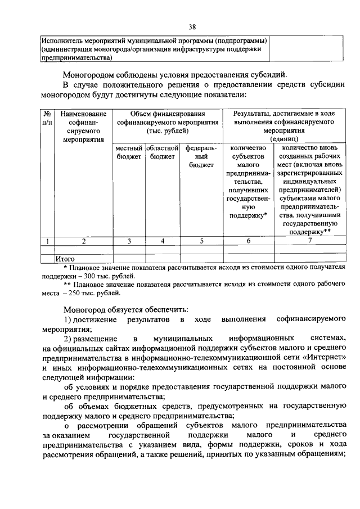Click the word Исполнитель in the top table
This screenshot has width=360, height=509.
(x=62, y=41)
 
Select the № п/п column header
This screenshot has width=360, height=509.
(x=48, y=117)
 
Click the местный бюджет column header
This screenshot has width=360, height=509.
(x=129, y=152)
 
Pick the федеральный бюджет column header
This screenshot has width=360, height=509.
(x=201, y=157)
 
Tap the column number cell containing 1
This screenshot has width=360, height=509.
(x=48, y=242)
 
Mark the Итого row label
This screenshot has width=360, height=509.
(x=66, y=259)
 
